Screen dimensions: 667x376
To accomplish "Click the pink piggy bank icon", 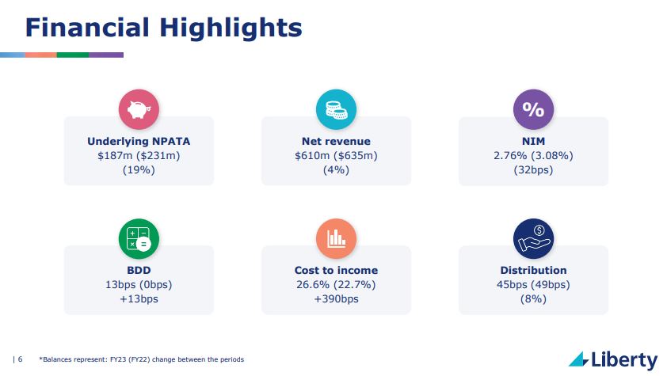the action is click(139, 109).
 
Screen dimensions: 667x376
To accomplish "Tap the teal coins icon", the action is click(336, 109).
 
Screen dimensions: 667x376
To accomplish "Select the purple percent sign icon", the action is click(533, 109).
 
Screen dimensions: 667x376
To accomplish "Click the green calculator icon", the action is click(139, 239).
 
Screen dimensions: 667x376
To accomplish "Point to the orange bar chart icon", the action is click(336, 239).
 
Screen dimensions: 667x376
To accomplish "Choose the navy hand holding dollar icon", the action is click(533, 239).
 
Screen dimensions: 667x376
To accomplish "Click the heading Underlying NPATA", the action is click(139, 142).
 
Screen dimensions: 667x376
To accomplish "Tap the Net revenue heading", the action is click(336, 142).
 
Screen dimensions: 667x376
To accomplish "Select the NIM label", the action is click(533, 142).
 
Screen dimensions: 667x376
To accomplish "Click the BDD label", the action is click(139, 270).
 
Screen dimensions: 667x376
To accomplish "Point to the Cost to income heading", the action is click(336, 270).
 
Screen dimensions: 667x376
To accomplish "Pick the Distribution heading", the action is click(533, 270).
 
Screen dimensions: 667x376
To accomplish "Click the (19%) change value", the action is click(139, 170).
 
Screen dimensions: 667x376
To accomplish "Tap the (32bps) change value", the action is click(533, 170).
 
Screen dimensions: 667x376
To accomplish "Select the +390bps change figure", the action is click(336, 299).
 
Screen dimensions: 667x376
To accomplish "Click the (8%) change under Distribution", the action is click(533, 299).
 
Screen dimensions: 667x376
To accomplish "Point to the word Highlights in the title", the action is click(231, 28).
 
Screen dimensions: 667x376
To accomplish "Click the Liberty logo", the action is click(613, 359).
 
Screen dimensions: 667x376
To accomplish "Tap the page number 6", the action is click(20, 359).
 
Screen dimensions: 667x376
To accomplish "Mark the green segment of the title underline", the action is click(73, 55).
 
